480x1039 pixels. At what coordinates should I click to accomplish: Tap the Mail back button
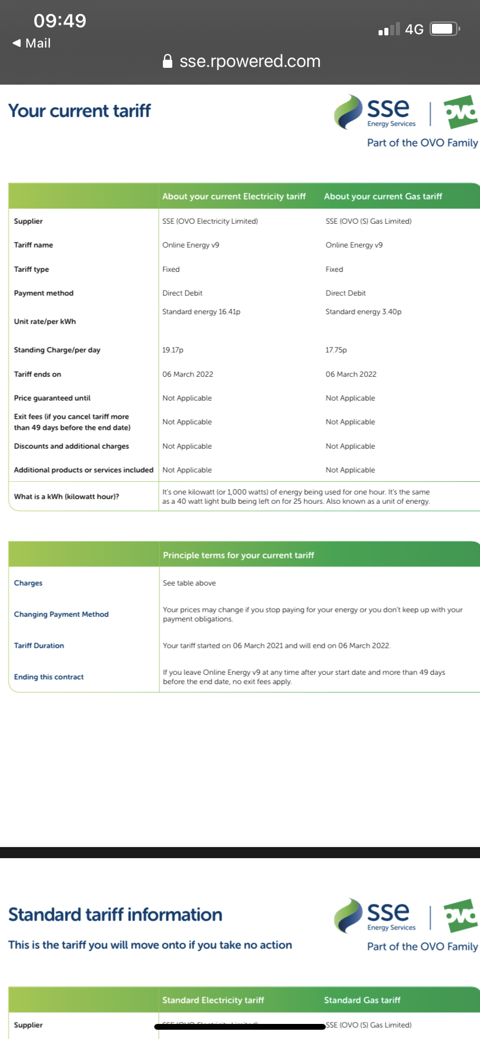pos(32,43)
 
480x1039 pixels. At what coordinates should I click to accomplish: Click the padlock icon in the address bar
pos(168,61)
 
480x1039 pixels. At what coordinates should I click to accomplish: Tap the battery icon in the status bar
pos(445,29)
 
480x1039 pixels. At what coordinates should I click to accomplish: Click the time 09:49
pos(60,21)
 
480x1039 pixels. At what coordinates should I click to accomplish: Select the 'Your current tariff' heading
pos(79,111)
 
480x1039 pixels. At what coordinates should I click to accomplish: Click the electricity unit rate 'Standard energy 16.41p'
pos(201,312)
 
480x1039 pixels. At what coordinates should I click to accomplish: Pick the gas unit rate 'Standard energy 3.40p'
pos(363,312)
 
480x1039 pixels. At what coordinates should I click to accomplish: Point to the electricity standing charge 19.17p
pos(173,350)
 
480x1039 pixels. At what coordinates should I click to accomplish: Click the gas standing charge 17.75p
pos(336,350)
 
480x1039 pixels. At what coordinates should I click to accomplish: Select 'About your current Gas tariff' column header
pos(383,197)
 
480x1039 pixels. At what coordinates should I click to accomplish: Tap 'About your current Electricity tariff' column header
pos(234,197)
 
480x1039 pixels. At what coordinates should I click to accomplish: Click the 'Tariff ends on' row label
pos(38,375)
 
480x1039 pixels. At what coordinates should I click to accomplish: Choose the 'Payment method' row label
pos(44,293)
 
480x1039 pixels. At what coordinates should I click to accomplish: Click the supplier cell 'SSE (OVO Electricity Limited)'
pos(210,221)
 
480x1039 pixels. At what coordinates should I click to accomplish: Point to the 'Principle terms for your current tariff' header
pos(238,555)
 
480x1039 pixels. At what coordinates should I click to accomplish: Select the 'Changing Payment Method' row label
pos(61,615)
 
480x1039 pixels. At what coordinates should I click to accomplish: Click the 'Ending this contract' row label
pos(49,677)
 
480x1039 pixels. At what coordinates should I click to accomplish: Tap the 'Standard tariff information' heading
pos(115,915)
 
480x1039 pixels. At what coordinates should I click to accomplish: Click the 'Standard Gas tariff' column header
pos(362,1000)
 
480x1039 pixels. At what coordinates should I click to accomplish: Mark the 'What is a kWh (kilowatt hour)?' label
pos(67,497)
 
